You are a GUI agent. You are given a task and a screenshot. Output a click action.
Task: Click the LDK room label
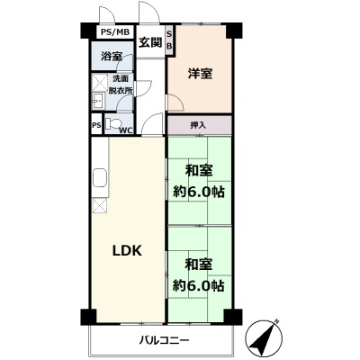[127, 251]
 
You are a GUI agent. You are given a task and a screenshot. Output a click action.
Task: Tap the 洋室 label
[200, 73]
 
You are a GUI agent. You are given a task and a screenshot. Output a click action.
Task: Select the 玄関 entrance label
[150, 42]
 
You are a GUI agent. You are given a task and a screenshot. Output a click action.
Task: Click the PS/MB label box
[115, 32]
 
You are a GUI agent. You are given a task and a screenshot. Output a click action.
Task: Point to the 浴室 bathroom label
[112, 56]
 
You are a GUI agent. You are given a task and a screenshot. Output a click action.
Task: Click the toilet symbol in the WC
[114, 122]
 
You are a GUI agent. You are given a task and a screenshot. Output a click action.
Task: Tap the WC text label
[126, 130]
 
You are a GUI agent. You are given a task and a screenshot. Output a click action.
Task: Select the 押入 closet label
[198, 125]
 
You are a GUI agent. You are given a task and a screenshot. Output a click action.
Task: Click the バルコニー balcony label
[165, 340]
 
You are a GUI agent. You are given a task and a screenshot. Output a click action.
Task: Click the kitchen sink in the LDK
[100, 177]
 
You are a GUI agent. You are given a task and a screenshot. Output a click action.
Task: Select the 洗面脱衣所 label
[121, 85]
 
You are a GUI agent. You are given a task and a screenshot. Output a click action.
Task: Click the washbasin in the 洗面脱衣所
[97, 101]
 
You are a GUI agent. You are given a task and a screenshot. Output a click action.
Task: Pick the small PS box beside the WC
[96, 125]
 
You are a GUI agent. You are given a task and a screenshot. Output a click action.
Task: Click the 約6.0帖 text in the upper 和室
[199, 192]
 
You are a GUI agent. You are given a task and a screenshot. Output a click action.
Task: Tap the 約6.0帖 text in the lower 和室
[199, 285]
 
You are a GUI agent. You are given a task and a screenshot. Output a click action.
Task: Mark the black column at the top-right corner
[234, 30]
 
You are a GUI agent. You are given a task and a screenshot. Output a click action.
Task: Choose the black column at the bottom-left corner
[89, 317]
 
